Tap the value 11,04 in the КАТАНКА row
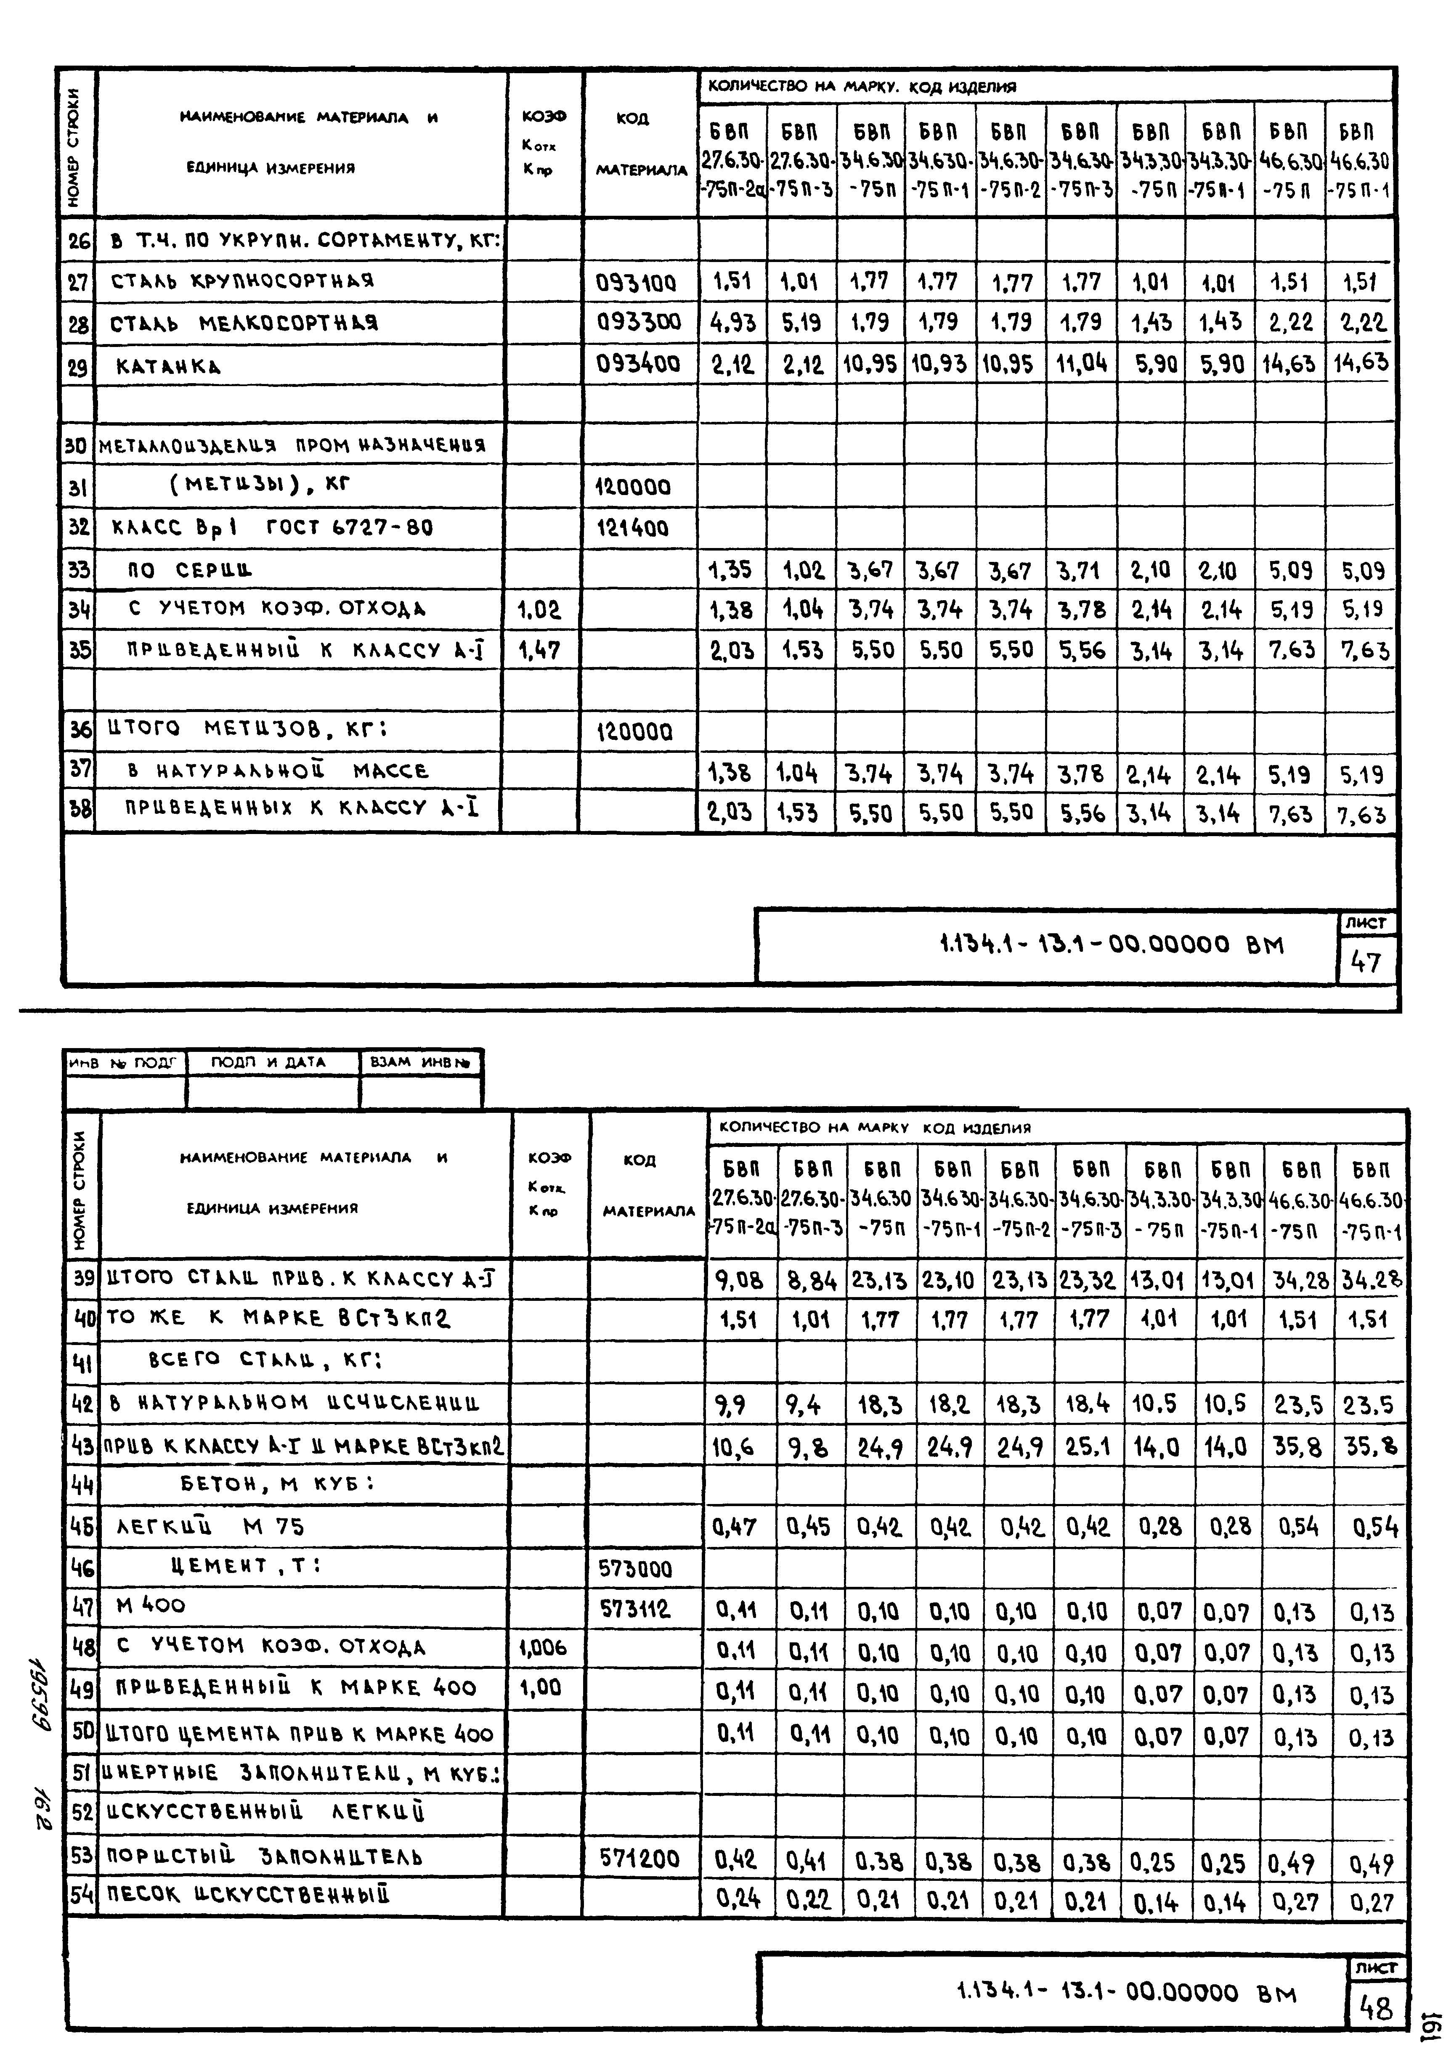coord(1081,364)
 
